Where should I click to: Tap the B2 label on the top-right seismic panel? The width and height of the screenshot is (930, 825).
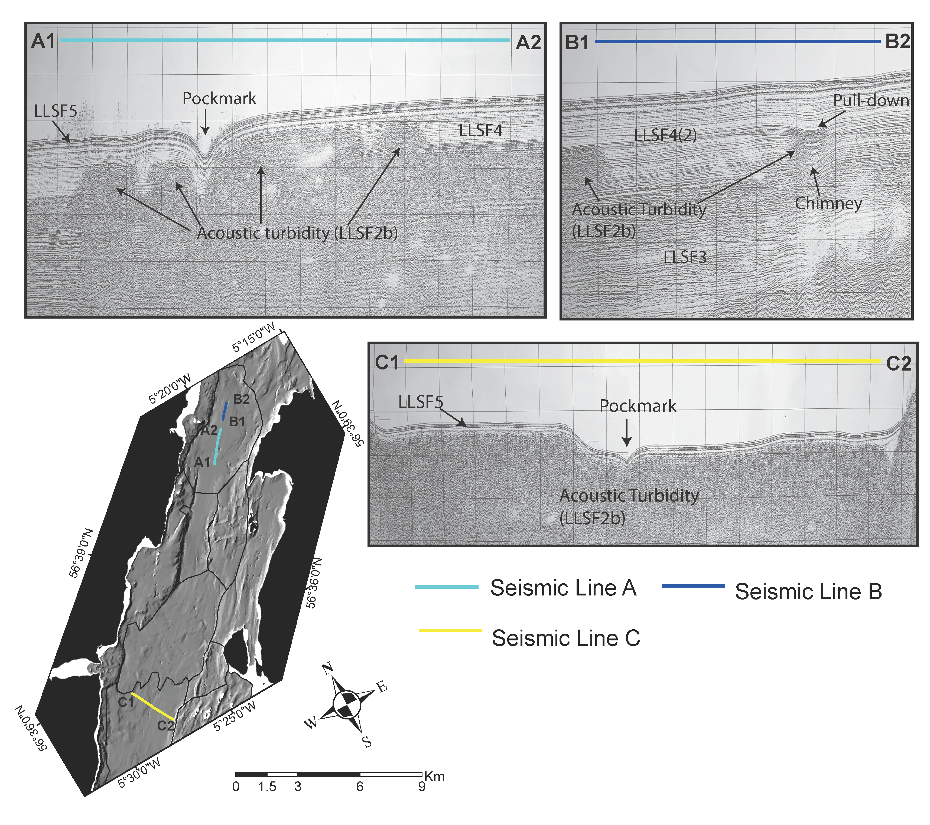897,42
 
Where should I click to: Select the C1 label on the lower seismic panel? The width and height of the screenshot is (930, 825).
387,362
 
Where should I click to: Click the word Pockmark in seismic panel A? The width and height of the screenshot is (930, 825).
219,99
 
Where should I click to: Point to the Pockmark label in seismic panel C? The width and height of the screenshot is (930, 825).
638,406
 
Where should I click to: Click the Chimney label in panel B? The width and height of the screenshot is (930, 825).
828,203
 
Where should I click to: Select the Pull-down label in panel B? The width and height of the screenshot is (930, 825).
871,100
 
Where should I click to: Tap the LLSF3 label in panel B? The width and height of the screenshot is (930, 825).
685,257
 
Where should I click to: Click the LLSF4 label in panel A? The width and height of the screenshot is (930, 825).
480,131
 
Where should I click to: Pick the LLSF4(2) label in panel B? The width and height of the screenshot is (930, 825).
665,135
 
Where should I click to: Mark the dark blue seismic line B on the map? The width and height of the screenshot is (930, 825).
224,412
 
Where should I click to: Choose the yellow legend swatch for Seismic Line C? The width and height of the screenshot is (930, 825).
450,630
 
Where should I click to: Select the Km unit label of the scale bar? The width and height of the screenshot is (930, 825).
434,776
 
